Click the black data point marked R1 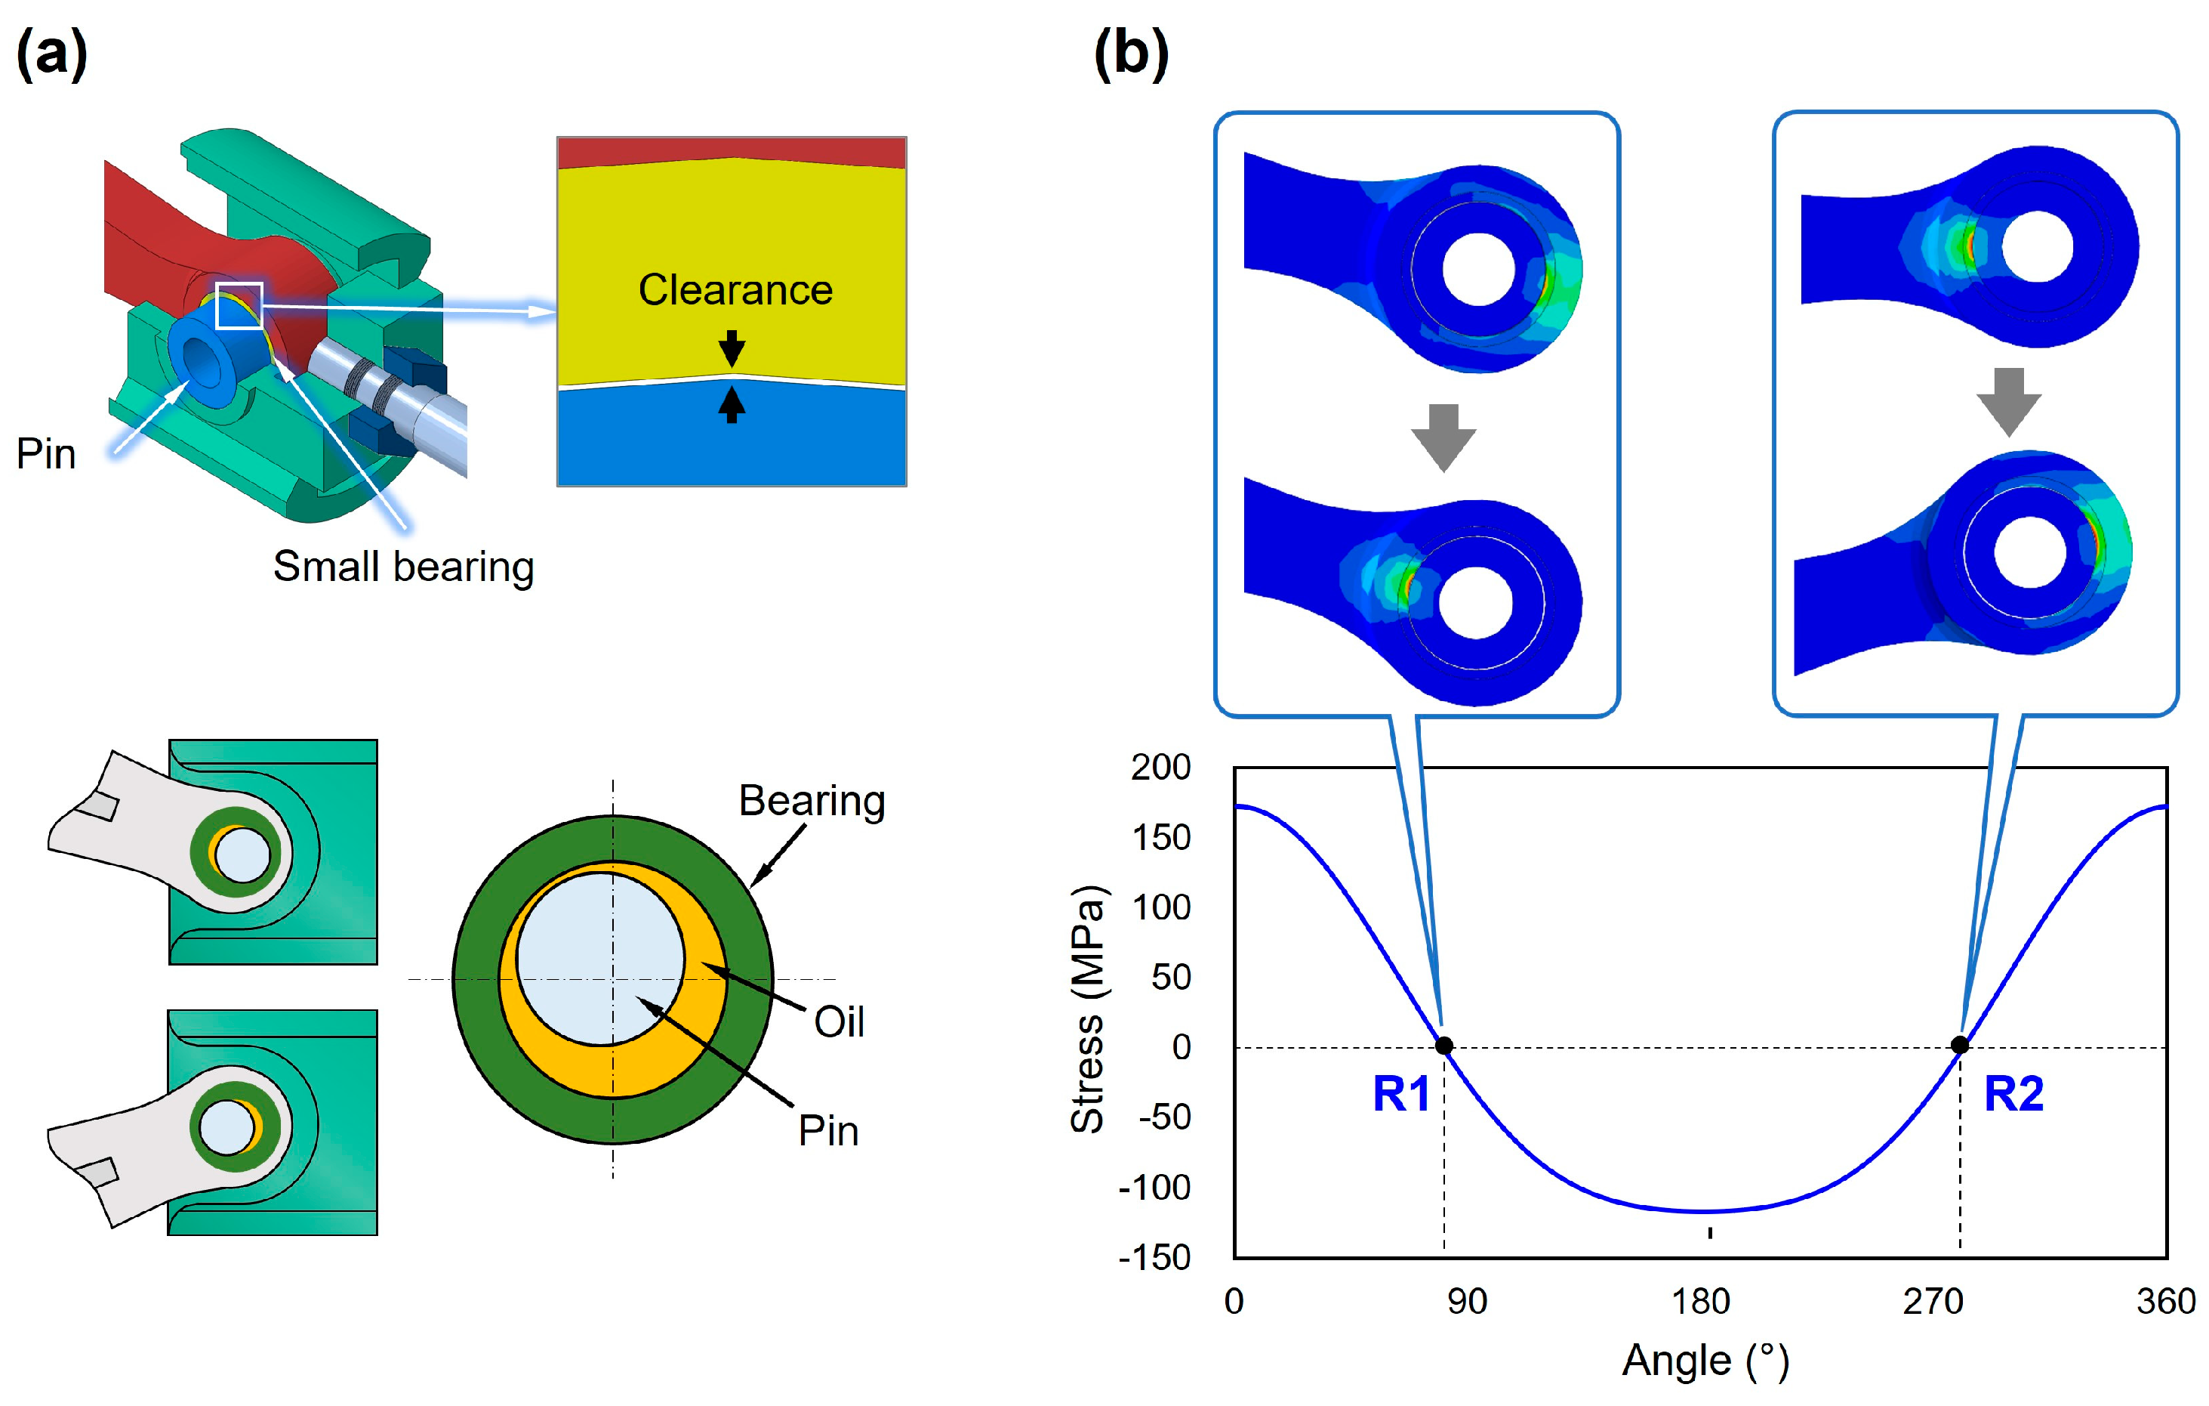click(1444, 1046)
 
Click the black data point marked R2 click(1959, 1046)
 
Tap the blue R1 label click(1400, 1094)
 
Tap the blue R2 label click(2013, 1094)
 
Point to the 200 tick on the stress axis click(1160, 768)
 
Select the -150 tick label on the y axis click(1155, 1257)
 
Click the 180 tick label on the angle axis click(1701, 1302)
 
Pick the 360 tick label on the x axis click(2165, 1302)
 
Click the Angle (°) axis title click(1705, 1360)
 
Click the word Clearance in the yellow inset click(736, 290)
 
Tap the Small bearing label click(404, 567)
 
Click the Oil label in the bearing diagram click(839, 1021)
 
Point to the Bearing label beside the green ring click(812, 800)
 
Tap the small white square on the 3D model click(239, 306)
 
